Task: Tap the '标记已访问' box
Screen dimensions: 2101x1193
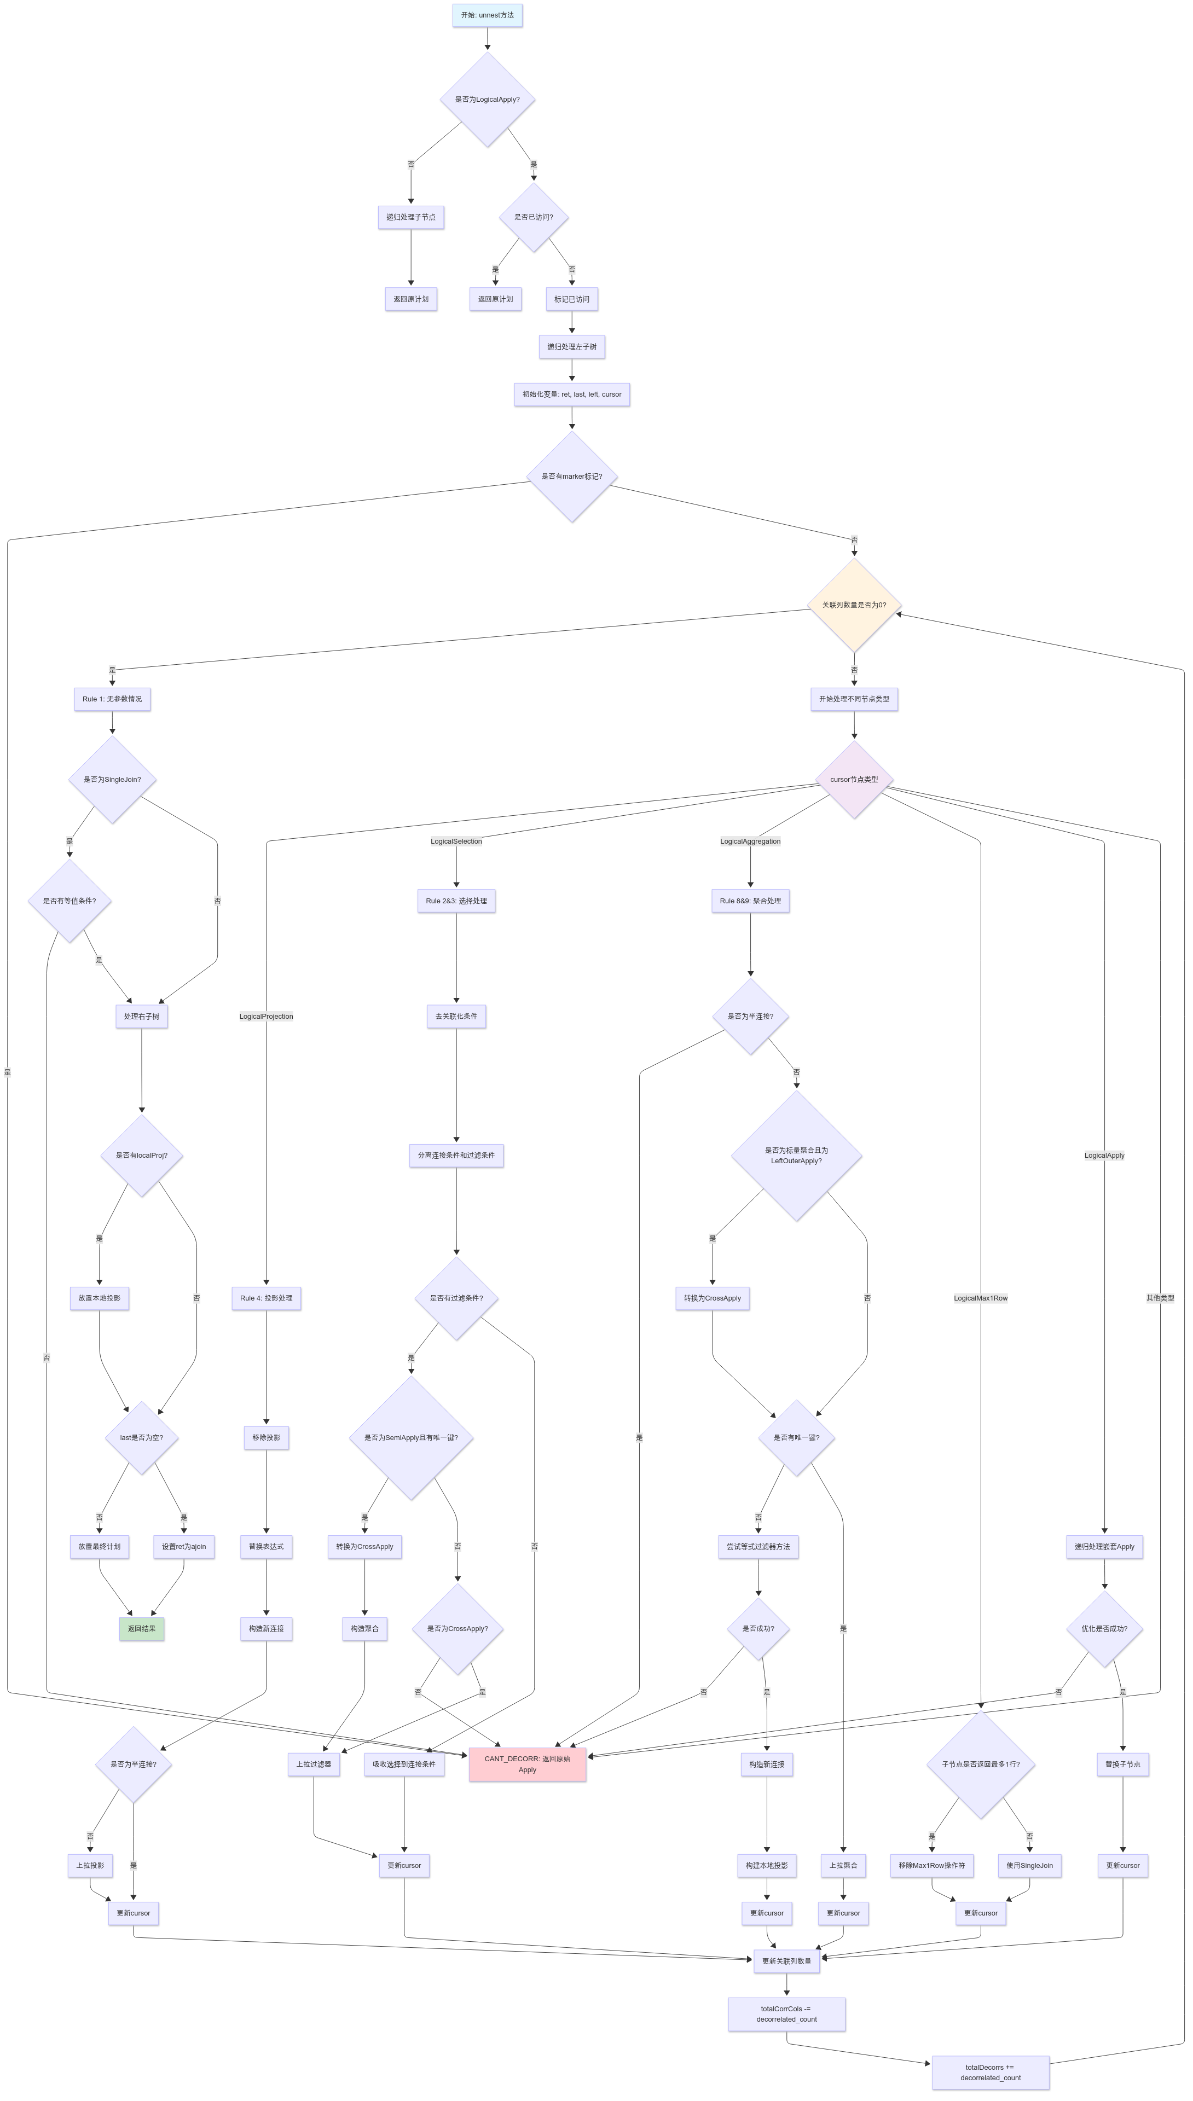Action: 571,299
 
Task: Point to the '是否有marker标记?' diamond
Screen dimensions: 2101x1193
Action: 571,477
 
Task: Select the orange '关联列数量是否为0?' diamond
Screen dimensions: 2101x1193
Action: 854,605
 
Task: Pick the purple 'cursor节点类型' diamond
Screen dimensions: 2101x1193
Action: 854,780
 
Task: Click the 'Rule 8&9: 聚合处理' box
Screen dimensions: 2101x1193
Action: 750,901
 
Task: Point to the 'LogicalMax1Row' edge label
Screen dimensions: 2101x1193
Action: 980,1298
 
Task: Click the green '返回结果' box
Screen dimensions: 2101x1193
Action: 142,1628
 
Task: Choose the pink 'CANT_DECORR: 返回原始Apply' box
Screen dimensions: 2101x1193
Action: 527,1763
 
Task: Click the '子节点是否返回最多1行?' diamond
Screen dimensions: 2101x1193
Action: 980,1763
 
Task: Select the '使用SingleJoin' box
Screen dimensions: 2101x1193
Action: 1029,1865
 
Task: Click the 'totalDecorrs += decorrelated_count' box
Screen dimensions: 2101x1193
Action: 990,2073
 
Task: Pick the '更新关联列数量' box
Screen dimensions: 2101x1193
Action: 786,1961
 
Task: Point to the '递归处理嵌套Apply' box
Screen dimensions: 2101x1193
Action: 1104,1546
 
